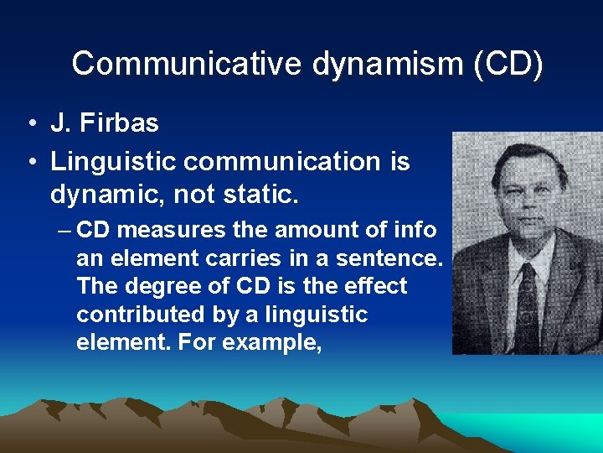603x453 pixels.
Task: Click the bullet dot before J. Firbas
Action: coord(29,124)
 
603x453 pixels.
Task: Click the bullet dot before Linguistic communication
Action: coord(29,162)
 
